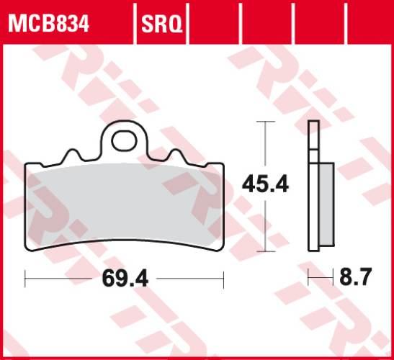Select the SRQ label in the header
[x=161, y=26]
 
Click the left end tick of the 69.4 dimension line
[x=25, y=277]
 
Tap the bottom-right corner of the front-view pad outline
[x=222, y=250]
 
